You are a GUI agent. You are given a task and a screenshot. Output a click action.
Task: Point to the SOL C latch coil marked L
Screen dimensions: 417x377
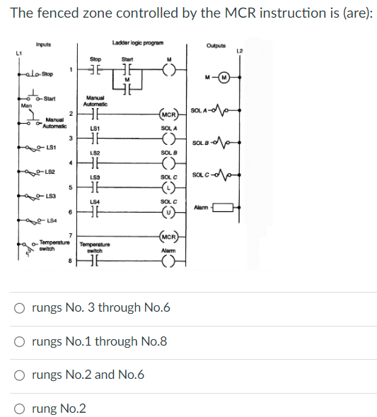point(168,189)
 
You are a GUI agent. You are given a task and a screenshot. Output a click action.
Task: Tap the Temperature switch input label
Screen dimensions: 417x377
point(50,245)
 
